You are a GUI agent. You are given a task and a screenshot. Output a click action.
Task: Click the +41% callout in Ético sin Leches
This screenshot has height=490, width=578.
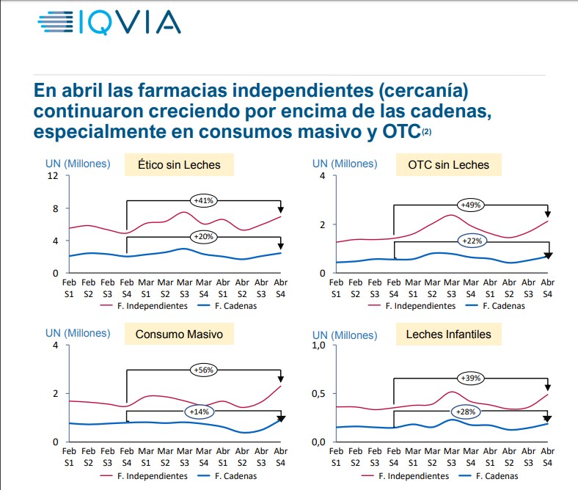(203, 200)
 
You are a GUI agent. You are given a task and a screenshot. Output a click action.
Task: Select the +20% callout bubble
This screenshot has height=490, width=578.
(203, 236)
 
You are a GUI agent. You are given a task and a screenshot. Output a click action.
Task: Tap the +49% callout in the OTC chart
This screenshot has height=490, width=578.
(470, 205)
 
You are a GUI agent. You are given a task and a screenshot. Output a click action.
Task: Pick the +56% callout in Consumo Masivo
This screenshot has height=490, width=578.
(203, 370)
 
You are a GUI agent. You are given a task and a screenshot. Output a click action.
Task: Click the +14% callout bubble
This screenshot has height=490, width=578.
(198, 412)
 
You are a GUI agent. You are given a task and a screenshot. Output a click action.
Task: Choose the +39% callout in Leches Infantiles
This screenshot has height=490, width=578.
(470, 378)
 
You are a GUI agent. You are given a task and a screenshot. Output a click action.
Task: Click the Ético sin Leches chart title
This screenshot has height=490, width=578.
(179, 165)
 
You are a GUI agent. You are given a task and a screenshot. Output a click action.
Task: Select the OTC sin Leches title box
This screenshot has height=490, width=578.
(448, 165)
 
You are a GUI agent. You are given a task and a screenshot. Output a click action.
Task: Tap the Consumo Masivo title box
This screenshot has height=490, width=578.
(179, 334)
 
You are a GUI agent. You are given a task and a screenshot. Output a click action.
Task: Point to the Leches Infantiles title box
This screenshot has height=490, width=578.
(448, 334)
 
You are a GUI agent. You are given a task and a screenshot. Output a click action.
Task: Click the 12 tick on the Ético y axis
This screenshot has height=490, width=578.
(53, 176)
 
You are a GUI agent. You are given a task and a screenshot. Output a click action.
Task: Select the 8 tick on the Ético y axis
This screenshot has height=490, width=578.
(55, 208)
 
